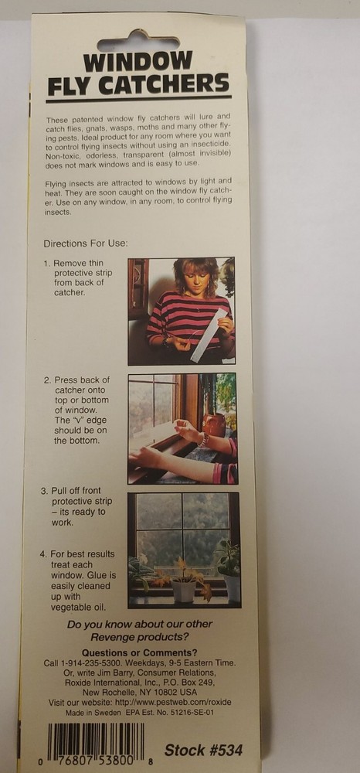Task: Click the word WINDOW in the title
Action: click(138, 62)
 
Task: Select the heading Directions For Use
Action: click(85, 243)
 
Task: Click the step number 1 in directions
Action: click(46, 264)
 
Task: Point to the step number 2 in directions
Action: click(46, 380)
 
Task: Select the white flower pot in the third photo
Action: click(184, 591)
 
